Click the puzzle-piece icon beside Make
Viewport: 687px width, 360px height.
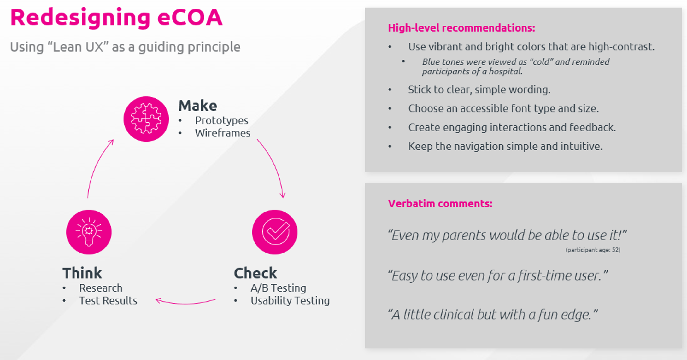[146, 119]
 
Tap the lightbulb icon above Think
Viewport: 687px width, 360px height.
[89, 232]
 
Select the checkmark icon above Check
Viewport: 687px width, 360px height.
[275, 232]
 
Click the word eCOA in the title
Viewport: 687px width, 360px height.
[190, 17]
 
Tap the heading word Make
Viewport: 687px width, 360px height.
[198, 106]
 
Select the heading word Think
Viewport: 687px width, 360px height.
[82, 273]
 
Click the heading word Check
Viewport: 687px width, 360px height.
[255, 273]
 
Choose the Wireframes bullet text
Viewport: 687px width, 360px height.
[223, 133]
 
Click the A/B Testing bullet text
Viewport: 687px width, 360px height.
[278, 288]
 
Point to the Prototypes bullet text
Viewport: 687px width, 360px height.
[221, 120]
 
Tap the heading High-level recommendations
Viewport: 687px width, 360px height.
[461, 28]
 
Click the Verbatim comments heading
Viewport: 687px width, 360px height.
[440, 203]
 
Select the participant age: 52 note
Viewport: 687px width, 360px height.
[593, 250]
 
